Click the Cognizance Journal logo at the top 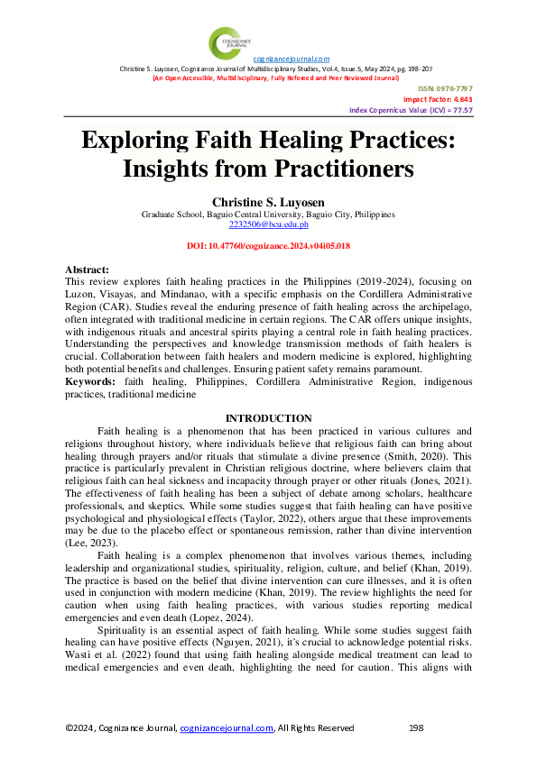225,42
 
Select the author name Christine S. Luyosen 268,203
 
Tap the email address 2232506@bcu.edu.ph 268,225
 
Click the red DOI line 268,245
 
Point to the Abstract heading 88,270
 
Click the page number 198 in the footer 416,727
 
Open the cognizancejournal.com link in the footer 227,727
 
